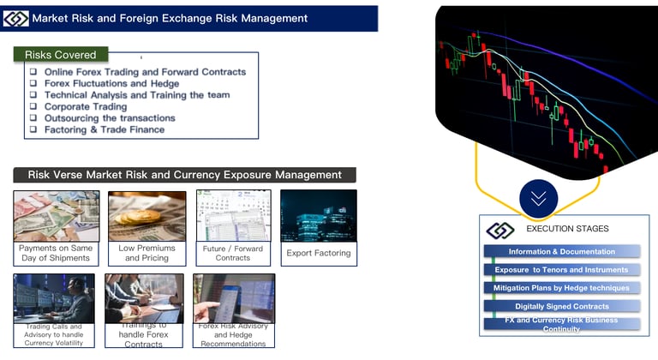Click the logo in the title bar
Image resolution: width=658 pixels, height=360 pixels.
(x=16, y=18)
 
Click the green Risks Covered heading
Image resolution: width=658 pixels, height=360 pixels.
(x=60, y=54)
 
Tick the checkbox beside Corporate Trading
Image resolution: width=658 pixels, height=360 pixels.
(x=33, y=107)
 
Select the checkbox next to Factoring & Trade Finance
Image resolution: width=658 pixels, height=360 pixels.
(x=33, y=130)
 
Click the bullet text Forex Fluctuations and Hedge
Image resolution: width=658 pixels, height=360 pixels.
(x=111, y=84)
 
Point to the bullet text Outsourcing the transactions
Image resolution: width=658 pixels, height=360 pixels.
(x=110, y=118)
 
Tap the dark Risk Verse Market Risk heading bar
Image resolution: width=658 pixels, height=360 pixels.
(x=184, y=175)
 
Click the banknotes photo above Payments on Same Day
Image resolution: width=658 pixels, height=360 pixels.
(x=56, y=215)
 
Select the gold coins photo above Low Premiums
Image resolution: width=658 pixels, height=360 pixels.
(x=147, y=215)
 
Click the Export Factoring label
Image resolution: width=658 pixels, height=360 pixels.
(x=318, y=254)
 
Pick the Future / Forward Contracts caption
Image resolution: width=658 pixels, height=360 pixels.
(x=233, y=253)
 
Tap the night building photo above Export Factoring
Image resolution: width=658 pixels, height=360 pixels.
(x=318, y=215)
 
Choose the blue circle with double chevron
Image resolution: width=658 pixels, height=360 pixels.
(x=538, y=198)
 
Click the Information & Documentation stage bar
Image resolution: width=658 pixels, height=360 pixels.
(x=561, y=252)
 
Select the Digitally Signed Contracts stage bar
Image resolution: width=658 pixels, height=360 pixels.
(x=561, y=306)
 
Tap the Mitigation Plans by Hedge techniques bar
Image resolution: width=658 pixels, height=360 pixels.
(x=561, y=288)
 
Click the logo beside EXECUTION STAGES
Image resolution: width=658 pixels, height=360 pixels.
(x=500, y=230)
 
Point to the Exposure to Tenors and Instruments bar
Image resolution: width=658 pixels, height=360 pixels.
(x=561, y=270)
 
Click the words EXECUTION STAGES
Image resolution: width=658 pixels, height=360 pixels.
(x=567, y=229)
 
